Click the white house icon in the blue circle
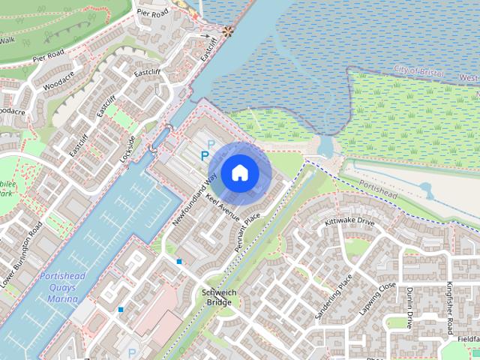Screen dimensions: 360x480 coord(239,172)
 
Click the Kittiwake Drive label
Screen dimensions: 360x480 coord(349,223)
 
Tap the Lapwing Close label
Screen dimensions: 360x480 coord(377,298)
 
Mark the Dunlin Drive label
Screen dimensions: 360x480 coord(409,307)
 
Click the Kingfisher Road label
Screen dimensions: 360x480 coord(450,307)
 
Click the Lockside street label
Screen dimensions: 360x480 coord(127,150)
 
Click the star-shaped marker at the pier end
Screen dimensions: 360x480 coord(226,31)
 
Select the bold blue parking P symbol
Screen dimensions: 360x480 coord(205,156)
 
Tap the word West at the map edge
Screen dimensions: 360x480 coord(468,78)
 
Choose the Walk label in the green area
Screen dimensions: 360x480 coord(7,40)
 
